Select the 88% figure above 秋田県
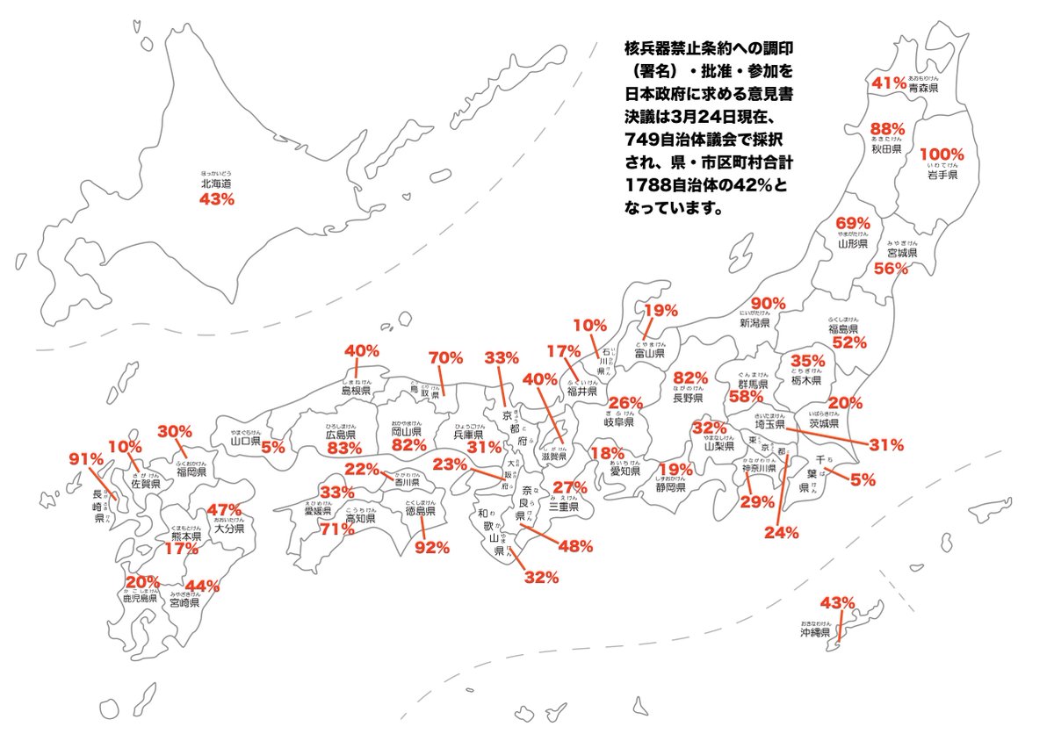[886, 129]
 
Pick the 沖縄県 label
[815, 632]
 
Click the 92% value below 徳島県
[432, 548]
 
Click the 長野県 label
[688, 398]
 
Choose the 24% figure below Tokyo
[781, 531]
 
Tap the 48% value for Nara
[575, 545]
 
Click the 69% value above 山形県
[852, 223]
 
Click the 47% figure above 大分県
[223, 510]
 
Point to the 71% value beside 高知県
[336, 529]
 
